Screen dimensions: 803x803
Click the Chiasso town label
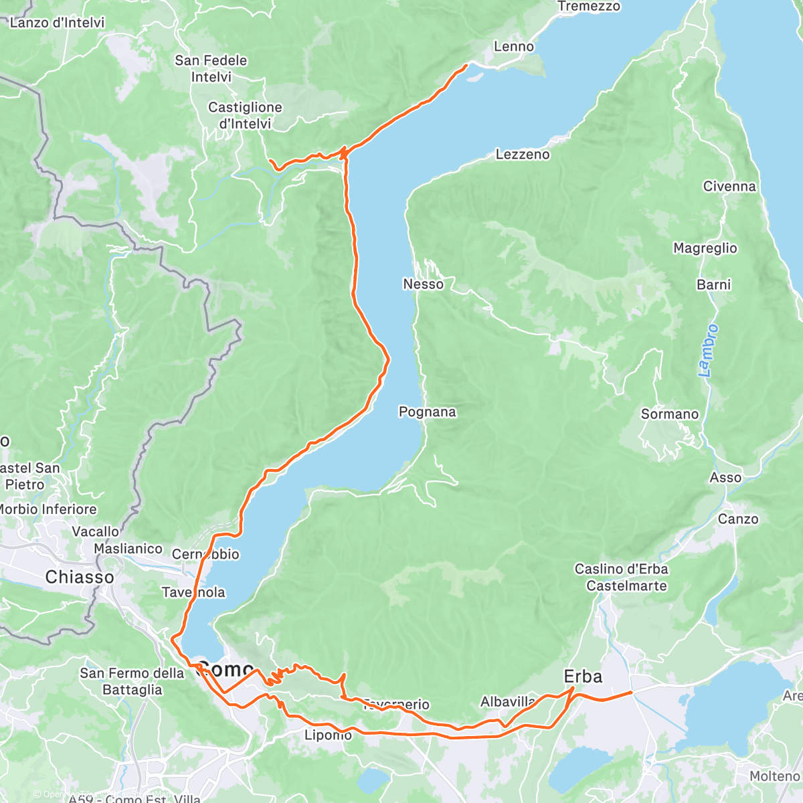click(x=80, y=577)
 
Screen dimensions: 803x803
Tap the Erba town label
click(x=583, y=677)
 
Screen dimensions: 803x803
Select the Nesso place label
click(x=423, y=284)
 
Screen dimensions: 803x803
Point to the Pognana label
click(x=427, y=412)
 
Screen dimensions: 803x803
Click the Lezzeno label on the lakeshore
click(x=523, y=155)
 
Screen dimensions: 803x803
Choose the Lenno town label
click(x=514, y=47)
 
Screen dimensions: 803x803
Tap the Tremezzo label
click(x=589, y=7)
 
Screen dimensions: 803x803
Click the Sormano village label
click(x=669, y=414)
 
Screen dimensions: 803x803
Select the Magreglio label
click(x=705, y=248)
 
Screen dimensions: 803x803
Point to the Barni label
click(x=713, y=285)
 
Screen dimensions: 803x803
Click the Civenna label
click(x=729, y=187)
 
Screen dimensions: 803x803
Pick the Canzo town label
click(x=738, y=519)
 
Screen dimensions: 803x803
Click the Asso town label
click(x=725, y=478)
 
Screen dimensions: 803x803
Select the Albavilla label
click(x=508, y=702)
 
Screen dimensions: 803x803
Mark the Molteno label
click(x=774, y=776)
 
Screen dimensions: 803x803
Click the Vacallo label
click(x=95, y=532)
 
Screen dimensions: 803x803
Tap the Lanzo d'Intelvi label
click(x=58, y=23)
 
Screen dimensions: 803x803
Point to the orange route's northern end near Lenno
click(x=466, y=66)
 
